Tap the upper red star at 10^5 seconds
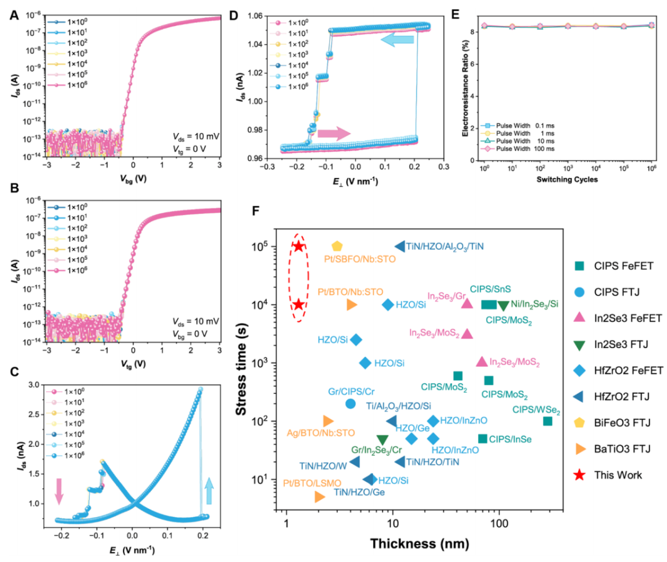[299, 247]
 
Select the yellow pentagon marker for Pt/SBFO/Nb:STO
[337, 246]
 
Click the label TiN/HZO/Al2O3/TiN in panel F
[445, 246]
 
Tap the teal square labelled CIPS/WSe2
[547, 421]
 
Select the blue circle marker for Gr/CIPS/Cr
[350, 403]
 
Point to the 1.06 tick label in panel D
[254, 16]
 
